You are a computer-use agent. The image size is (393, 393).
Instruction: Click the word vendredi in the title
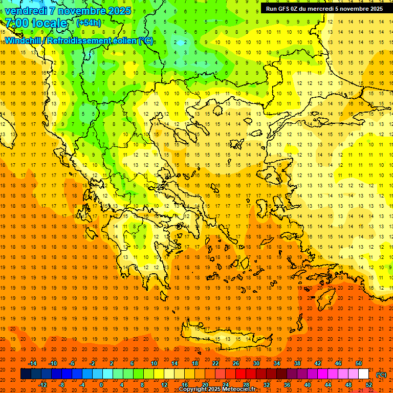tap(26, 11)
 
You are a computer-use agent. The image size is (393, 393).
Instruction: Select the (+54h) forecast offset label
tap(89, 23)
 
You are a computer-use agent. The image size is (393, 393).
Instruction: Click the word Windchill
tap(24, 40)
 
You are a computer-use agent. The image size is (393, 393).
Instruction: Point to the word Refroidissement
tap(85, 40)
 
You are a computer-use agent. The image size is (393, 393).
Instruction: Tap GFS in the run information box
tap(282, 9)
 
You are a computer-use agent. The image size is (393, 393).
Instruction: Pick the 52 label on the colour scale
tap(369, 385)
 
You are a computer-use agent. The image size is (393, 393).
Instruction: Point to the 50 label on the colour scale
tap(359, 363)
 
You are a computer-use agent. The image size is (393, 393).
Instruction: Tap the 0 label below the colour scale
tap(101, 385)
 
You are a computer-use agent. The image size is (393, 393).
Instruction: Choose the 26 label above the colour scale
tap(236, 363)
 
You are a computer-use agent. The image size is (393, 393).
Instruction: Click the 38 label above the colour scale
tap(297, 363)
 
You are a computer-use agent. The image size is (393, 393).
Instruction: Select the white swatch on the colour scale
tap(364, 374)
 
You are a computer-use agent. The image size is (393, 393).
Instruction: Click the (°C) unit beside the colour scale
tap(381, 374)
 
